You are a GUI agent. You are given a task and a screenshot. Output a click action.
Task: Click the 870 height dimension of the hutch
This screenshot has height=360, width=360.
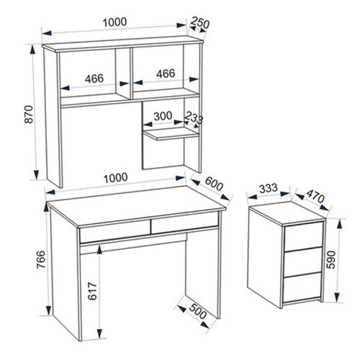tap(30, 114)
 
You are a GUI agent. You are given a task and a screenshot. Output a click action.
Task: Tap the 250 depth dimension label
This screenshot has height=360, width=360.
tap(200, 23)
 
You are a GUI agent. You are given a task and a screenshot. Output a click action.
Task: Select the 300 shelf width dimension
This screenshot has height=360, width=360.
tap(163, 116)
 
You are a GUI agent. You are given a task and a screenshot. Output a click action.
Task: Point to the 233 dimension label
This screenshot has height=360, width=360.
tap(194, 117)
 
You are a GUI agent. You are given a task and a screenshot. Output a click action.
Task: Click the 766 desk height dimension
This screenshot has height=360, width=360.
tap(41, 260)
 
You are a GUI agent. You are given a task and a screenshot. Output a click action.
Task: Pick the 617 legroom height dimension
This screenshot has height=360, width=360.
tap(92, 292)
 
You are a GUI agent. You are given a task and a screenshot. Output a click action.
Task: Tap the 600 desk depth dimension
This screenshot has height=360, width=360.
tap(214, 184)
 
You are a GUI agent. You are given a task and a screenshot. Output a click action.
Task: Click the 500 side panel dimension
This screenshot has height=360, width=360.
tap(198, 312)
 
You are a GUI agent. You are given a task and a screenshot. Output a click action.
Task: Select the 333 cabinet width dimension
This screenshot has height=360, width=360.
tap(269, 189)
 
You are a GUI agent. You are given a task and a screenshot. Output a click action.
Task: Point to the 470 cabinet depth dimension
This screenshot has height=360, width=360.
tap(315, 196)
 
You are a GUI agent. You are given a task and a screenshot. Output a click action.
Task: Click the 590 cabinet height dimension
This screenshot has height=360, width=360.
tap(330, 260)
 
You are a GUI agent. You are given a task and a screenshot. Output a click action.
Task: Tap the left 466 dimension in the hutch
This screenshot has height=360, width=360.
tap(94, 78)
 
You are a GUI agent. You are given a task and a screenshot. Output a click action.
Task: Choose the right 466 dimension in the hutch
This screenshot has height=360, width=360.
tap(166, 73)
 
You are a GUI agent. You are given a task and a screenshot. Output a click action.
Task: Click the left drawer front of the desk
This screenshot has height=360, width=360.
tap(115, 232)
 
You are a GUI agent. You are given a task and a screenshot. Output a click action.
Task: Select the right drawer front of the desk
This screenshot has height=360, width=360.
tap(185, 222)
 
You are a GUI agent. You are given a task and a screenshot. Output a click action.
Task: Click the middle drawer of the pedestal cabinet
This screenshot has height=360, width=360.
tap(302, 262)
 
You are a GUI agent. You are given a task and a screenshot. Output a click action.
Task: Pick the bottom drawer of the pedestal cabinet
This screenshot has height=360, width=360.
tap(302, 287)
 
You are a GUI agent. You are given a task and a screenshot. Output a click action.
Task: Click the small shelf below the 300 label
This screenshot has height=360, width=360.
tap(171, 134)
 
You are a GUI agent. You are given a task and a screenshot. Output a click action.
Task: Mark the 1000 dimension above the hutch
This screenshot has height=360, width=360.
tap(114, 22)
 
